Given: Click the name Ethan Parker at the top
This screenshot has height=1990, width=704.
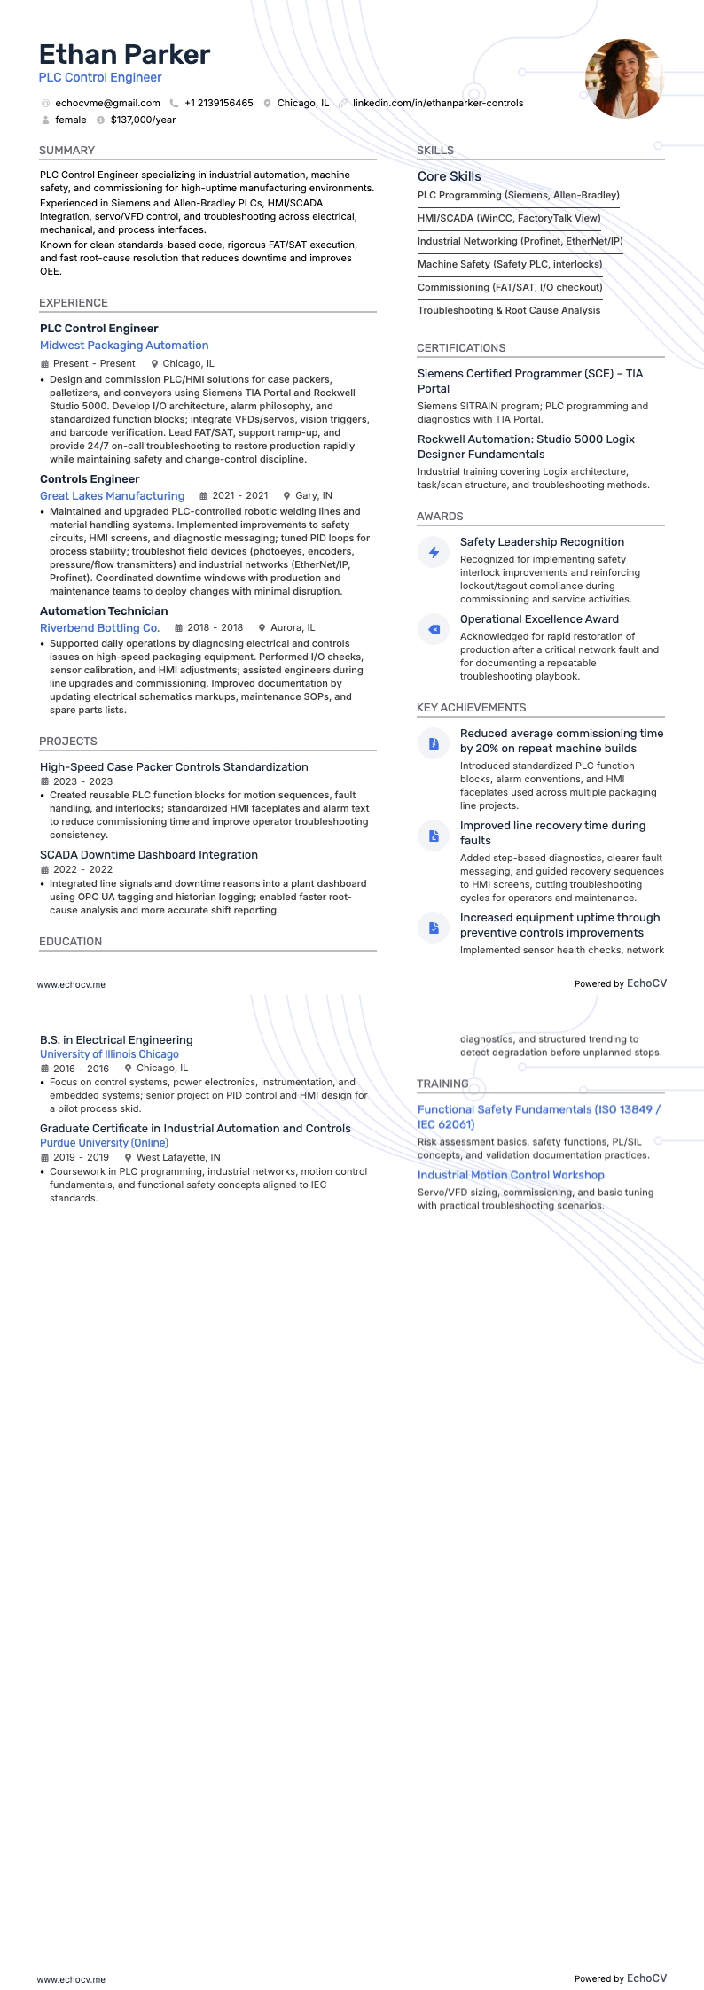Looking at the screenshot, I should (x=124, y=55).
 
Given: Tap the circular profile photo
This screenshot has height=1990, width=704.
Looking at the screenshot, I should (x=623, y=79).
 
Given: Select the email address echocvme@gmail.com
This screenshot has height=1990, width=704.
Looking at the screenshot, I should (x=107, y=103).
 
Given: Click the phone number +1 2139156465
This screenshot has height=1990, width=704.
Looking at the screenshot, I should (x=218, y=103).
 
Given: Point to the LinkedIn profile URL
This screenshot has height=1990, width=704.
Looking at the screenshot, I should (x=437, y=103).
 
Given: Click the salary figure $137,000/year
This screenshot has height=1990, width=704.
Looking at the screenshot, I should (x=143, y=120).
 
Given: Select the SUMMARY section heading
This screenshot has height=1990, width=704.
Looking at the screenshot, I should (x=66, y=151).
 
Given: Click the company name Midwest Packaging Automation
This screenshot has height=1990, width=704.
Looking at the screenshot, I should (x=124, y=346).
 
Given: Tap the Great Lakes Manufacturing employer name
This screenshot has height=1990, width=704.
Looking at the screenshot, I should (x=112, y=496).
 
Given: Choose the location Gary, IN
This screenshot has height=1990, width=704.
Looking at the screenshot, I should (x=314, y=496).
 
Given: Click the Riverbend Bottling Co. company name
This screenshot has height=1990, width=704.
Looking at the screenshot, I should (x=99, y=628).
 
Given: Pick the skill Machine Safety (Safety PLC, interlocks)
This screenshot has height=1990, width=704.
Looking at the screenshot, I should (x=510, y=264).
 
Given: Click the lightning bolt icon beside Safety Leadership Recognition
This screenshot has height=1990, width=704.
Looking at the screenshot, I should (x=434, y=552).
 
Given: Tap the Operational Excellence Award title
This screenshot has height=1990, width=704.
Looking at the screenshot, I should (x=539, y=619).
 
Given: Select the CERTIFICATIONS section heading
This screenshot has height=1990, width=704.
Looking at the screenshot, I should (x=461, y=348).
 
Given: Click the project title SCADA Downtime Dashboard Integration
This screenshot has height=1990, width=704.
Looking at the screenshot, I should (x=149, y=855).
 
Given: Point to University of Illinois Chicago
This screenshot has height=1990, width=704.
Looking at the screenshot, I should (x=109, y=1054).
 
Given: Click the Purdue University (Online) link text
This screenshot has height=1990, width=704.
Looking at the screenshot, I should (x=104, y=1143).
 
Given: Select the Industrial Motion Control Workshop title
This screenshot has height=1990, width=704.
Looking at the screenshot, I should (x=511, y=1175).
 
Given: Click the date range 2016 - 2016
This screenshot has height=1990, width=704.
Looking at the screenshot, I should (x=81, y=1069).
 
